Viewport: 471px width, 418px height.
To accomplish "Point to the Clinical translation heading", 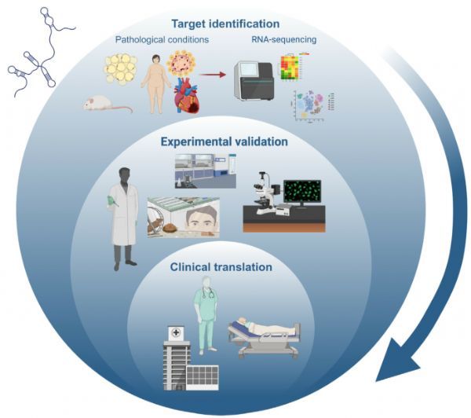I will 221,267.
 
